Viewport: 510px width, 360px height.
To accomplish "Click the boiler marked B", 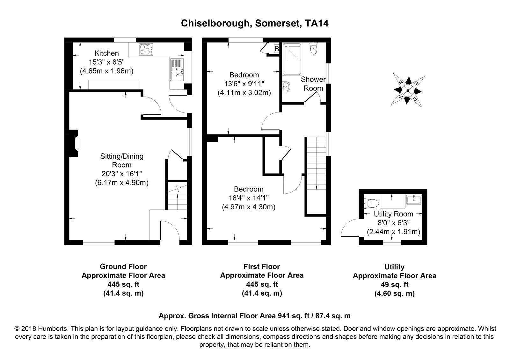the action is pos(277,49).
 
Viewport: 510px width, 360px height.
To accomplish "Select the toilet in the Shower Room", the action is pos(314,48).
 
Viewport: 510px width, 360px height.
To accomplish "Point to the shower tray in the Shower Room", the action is pos(292,59).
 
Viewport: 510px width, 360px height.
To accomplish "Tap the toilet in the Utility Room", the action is pos(371,203).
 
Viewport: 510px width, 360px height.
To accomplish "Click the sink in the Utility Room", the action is pos(414,199).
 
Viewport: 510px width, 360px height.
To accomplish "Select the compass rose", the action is pos(408,91).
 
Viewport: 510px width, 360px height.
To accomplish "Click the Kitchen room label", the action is pos(106,53).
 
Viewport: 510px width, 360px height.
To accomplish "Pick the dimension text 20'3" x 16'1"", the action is pos(121,174).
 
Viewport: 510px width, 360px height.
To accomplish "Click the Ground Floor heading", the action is pos(123,266).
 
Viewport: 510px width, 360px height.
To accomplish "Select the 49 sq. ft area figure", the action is pos(395,285).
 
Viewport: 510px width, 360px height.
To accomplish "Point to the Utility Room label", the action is pos(393,214).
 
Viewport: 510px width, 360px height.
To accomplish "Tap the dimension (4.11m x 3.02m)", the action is pos(244,93).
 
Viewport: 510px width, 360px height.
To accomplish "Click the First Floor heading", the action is pos(262,266).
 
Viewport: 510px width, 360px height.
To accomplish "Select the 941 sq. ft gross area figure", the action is pos(294,316).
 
